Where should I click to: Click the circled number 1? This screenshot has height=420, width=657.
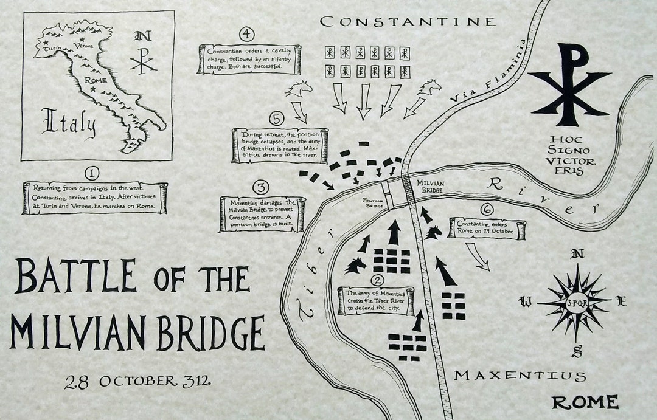coord(91,174)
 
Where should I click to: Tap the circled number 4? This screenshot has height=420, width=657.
coord(246,34)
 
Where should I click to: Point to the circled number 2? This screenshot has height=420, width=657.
coord(378,280)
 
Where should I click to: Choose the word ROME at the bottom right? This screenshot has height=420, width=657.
coord(585,402)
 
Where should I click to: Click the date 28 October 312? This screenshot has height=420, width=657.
coord(137,382)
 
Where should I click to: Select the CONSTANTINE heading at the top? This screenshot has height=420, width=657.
coord(408,22)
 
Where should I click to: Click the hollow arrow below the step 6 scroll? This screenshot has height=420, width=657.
coord(479,256)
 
